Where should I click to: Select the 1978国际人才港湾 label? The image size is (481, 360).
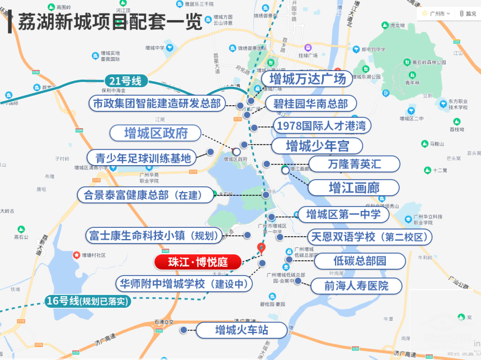(321, 125)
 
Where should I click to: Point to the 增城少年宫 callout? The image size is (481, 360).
(317, 146)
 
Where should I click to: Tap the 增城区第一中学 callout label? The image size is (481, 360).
(343, 214)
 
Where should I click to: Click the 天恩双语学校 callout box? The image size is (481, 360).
(370, 237)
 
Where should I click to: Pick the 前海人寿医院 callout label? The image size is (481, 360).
(356, 286)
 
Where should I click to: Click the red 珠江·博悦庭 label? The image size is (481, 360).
(197, 262)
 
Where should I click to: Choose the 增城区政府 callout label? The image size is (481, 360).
(155, 133)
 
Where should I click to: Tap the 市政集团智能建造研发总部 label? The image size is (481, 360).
(157, 104)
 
